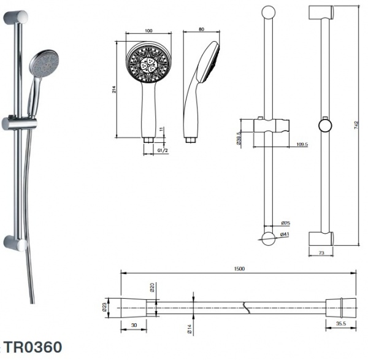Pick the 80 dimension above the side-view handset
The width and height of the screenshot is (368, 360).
201,31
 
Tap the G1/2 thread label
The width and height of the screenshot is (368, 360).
163,150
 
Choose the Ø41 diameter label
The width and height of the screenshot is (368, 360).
285,234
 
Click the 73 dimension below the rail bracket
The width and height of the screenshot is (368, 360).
321,252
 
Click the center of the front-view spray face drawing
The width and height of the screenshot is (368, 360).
148,65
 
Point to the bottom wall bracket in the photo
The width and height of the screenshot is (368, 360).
15,242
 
